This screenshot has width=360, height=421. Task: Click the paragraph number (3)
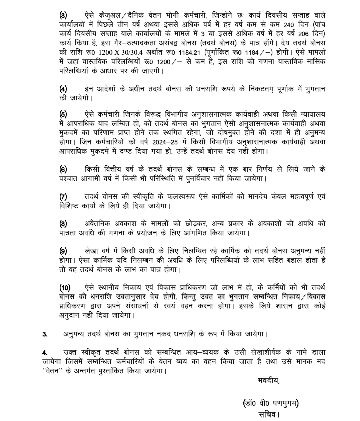coord(63,15)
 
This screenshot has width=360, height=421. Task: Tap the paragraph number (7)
coord(63,196)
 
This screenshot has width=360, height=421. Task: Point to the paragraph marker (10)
coord(65,288)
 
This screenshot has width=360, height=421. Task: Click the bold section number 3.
coord(45,334)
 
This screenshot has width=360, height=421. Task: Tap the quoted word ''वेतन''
coord(52,371)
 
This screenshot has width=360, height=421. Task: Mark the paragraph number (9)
coord(63,251)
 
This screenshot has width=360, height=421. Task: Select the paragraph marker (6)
coord(63,169)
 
